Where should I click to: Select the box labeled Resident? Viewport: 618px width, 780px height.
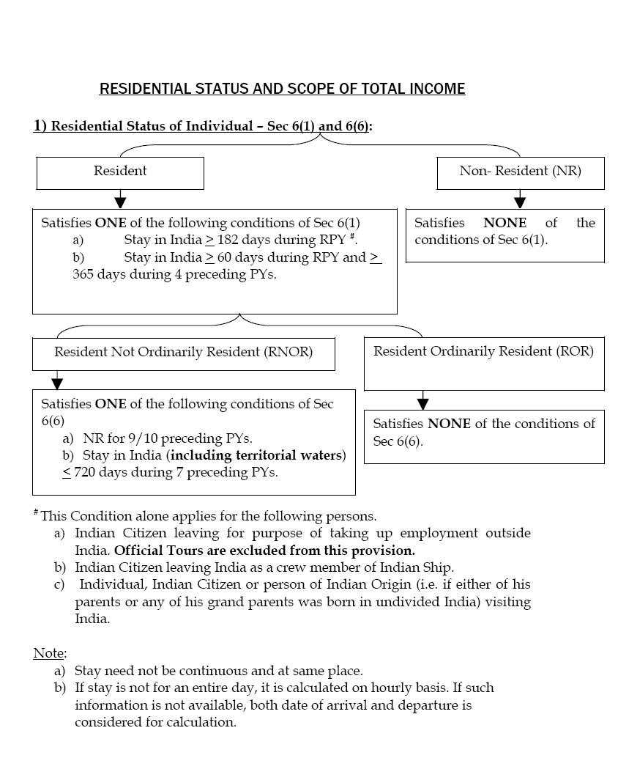(x=120, y=172)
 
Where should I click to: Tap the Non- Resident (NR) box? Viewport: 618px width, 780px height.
(x=520, y=172)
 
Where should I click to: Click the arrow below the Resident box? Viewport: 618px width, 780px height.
(x=120, y=200)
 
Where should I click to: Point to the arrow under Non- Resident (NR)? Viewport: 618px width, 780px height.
(x=520, y=200)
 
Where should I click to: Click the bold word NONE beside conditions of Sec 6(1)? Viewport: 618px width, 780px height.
(x=505, y=223)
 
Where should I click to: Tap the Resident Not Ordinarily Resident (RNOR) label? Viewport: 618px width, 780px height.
(x=183, y=352)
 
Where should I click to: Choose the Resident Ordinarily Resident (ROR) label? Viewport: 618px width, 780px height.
(x=483, y=351)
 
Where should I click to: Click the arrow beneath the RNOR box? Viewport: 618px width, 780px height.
(x=57, y=381)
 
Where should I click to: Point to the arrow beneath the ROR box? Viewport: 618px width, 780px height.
(x=422, y=402)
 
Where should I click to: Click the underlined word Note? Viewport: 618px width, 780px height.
(x=49, y=653)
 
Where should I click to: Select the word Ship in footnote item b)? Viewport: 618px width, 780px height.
(x=437, y=567)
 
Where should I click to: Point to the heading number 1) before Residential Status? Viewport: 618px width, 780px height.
(x=40, y=126)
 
